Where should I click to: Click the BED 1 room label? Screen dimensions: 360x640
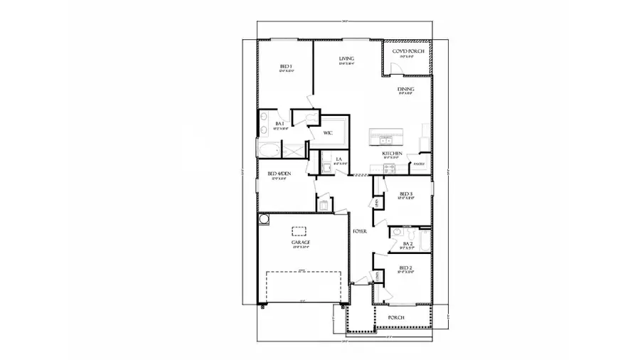284,66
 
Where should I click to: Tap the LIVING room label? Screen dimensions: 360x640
346,58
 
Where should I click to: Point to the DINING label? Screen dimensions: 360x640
405,89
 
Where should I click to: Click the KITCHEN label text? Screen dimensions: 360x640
393,154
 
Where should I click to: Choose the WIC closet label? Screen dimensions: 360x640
328,133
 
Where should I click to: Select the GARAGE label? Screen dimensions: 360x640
299,243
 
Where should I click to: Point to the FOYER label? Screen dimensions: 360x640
359,231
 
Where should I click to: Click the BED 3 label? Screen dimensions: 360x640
406,194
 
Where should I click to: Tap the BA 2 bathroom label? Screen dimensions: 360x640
407,243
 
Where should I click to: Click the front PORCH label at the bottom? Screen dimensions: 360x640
396,317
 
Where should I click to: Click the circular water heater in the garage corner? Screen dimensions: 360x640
263,221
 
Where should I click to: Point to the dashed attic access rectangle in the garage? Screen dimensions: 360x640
299,231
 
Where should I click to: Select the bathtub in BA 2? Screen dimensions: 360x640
425,239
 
